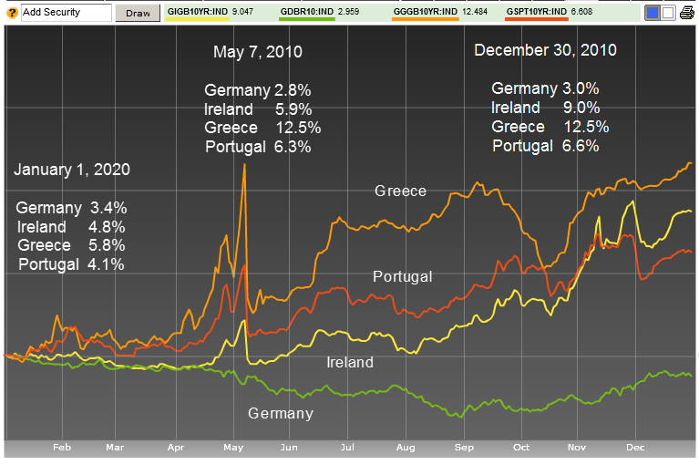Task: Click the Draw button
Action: coord(137,13)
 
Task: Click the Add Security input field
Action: coord(64,13)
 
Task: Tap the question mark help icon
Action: coord(11,13)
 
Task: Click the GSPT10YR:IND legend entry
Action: coord(538,11)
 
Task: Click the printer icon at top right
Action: coord(685,13)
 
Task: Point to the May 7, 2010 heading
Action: coord(258,52)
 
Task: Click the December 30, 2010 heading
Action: coord(545,50)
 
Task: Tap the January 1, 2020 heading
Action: coord(72,170)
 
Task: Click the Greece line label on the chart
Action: coord(400,191)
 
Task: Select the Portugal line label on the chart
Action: coord(402,276)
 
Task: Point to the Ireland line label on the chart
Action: coord(350,362)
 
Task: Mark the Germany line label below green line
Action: coord(281,413)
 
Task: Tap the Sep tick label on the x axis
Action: coord(464,448)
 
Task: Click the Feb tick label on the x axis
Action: coord(62,448)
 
